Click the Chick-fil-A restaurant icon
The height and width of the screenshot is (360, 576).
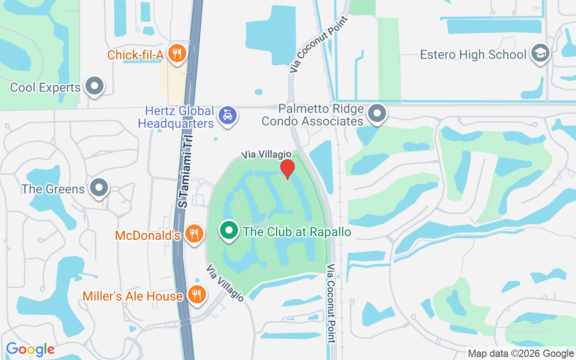(x=177, y=54)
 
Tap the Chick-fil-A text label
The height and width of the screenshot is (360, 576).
(x=135, y=55)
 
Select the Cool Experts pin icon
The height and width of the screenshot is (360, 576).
(x=95, y=85)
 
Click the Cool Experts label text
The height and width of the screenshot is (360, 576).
(x=45, y=87)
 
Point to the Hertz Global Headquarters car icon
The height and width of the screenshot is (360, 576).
(x=228, y=116)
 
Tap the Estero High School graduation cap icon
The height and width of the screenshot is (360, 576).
(x=539, y=53)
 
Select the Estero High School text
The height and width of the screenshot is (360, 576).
(x=473, y=55)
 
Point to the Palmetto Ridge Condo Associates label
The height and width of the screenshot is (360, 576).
(x=313, y=115)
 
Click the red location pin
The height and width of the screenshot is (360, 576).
(x=287, y=168)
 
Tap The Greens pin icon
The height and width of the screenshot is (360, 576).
(x=99, y=188)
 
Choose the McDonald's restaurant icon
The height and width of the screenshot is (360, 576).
(x=194, y=234)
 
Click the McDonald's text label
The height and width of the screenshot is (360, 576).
(x=148, y=235)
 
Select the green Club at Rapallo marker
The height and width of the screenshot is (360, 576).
(x=229, y=230)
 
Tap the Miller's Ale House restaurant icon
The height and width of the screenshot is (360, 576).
(x=196, y=294)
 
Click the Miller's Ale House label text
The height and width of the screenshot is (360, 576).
(x=133, y=296)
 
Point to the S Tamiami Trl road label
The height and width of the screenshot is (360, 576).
(x=184, y=171)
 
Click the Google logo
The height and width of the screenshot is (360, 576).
(x=31, y=349)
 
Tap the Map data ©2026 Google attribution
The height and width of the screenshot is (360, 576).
(x=520, y=354)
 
